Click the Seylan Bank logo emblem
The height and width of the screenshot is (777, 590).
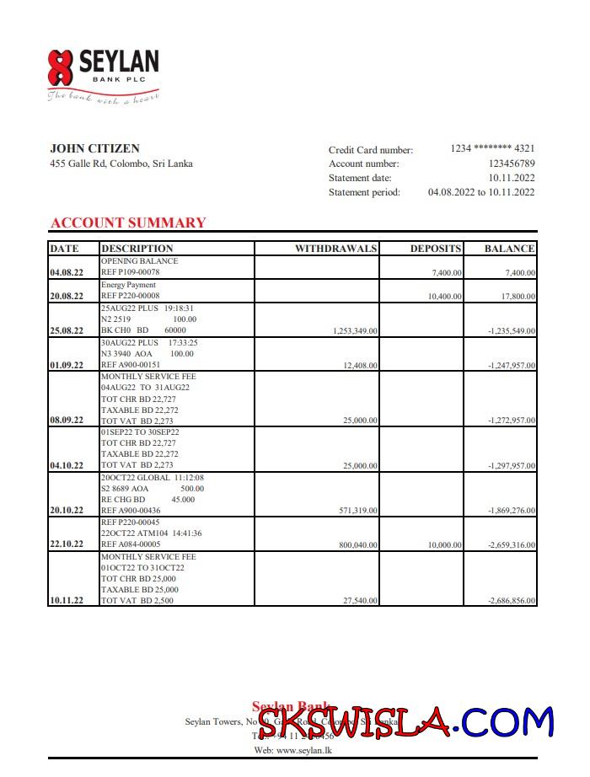tap(61, 67)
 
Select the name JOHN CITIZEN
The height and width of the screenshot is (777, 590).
tap(94, 149)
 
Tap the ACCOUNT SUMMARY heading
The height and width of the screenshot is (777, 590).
tap(128, 222)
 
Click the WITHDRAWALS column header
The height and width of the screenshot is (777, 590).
tap(335, 249)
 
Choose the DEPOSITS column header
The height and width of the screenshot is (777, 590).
tap(436, 249)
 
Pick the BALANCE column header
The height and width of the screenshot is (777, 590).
tap(509, 249)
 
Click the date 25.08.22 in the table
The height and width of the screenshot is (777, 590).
tap(67, 331)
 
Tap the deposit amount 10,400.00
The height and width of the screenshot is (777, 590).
tap(444, 297)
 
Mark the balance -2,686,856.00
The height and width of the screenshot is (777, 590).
tap(512, 600)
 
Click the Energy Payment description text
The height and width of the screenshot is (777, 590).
tap(128, 285)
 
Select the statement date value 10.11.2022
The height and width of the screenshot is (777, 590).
tap(512, 178)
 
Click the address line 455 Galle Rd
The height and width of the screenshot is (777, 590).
tap(121, 163)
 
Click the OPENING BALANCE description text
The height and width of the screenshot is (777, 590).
tap(139, 261)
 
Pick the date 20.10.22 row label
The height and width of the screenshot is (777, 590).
tap(67, 511)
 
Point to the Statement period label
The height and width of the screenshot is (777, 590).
tap(364, 192)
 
